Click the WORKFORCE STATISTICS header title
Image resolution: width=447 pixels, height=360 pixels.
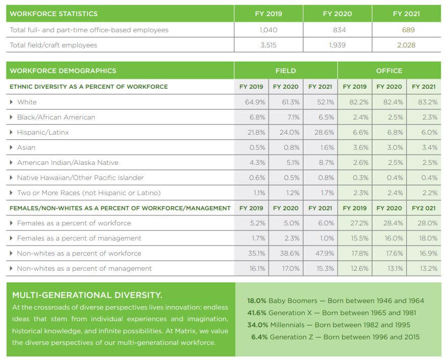click(53, 14)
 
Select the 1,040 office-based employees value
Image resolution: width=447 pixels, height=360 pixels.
click(268, 30)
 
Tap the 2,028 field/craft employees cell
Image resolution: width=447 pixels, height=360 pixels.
click(406, 45)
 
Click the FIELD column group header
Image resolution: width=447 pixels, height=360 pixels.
click(286, 71)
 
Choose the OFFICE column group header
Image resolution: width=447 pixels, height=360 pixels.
click(389, 71)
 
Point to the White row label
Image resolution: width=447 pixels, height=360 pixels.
click(27, 102)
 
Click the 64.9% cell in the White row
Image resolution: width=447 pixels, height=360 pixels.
click(255, 102)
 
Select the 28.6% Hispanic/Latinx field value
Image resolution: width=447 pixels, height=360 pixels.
click(324, 133)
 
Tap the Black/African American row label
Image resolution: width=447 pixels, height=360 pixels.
click(56, 117)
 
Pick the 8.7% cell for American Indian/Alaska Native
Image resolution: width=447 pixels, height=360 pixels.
click(327, 162)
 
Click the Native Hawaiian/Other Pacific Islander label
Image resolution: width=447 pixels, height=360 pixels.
click(81, 177)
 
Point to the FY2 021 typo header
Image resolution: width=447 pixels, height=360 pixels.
click(424, 208)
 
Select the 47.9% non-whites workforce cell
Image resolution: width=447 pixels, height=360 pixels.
click(325, 253)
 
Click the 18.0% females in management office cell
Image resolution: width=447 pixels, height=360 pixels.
click(428, 238)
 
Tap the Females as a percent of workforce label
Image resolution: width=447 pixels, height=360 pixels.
click(74, 223)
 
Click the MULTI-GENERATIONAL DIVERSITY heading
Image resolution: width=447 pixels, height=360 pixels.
click(87, 295)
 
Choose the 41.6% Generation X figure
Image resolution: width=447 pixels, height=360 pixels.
click(257, 313)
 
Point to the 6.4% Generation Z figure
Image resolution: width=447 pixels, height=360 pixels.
click(260, 337)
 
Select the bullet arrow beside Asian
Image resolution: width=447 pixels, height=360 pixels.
click(11, 148)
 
